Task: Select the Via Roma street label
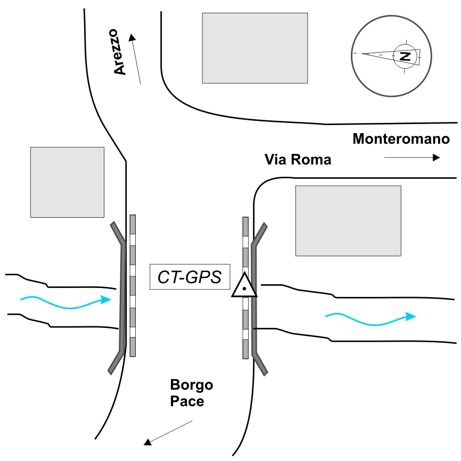(x=298, y=159)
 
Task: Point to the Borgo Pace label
(x=191, y=392)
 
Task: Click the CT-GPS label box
(x=190, y=277)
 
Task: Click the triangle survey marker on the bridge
(x=244, y=286)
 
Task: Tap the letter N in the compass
(x=405, y=56)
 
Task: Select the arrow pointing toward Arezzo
(x=136, y=59)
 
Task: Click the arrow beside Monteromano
(x=412, y=158)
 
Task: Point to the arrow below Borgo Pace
(x=168, y=433)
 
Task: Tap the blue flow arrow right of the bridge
(x=371, y=318)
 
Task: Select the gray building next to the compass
(x=254, y=48)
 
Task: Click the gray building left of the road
(x=67, y=182)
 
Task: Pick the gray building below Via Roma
(x=348, y=220)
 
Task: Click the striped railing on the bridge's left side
(x=133, y=285)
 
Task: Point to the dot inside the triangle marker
(x=244, y=289)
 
